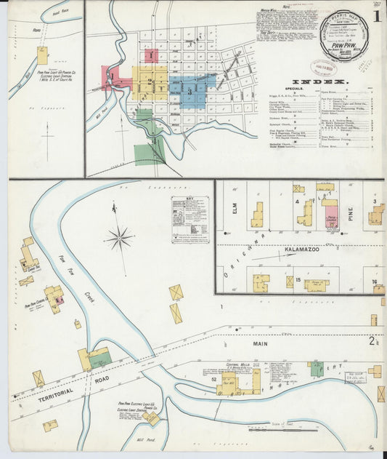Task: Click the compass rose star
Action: [121, 237]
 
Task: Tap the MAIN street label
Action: [261, 343]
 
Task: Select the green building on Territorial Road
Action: [100, 357]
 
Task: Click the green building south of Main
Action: [317, 369]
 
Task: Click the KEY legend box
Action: [190, 219]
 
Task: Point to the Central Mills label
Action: [237, 364]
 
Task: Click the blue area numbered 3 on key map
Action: [190, 92]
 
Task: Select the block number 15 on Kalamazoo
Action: [298, 279]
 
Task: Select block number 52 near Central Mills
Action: [214, 379]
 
